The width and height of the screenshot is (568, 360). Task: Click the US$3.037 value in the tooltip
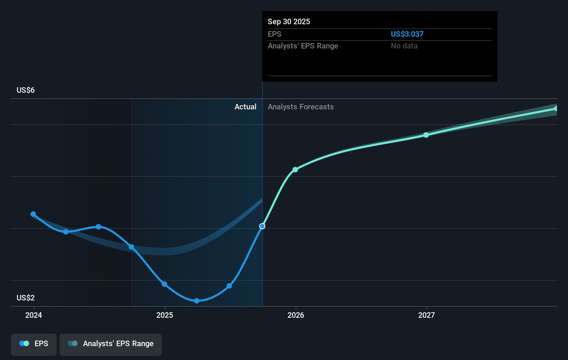coord(407,34)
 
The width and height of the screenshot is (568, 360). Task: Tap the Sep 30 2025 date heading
coord(288,21)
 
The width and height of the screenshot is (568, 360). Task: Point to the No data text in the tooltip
coord(404,46)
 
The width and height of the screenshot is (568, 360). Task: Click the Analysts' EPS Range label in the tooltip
coord(303,46)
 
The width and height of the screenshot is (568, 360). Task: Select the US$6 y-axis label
coord(26,90)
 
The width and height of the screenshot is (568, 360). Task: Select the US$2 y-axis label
coord(26,298)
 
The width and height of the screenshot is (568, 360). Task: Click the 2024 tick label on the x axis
coord(34,315)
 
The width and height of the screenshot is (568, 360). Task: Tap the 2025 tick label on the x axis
coord(165,315)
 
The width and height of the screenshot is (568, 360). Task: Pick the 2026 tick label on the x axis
coord(296,315)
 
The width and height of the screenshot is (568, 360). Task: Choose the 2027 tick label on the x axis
coord(426,315)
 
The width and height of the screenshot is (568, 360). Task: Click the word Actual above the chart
coord(245,107)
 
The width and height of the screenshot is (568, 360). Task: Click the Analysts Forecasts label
coord(301,107)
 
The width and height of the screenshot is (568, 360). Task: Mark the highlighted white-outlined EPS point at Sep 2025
coord(262,226)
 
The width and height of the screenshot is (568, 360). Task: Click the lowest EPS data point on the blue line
coord(196,301)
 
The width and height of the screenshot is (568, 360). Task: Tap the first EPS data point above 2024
coord(33,214)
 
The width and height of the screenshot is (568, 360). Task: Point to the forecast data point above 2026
coord(295,170)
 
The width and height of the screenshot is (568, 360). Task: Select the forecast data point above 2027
coord(426,135)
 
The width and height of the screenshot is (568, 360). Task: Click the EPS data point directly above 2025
coord(164,284)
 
